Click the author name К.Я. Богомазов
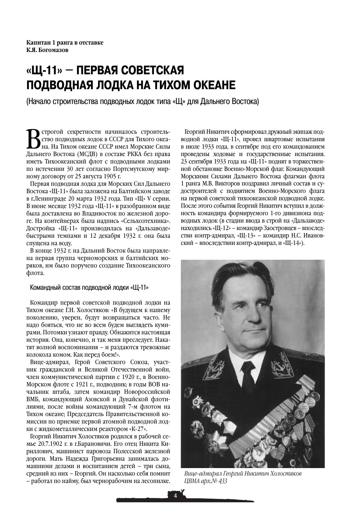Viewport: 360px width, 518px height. pos(47,50)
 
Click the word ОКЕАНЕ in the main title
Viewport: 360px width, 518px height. pos(213,85)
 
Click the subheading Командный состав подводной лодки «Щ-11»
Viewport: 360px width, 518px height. pos(89,288)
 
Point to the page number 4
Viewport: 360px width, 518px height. pos(175,495)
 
